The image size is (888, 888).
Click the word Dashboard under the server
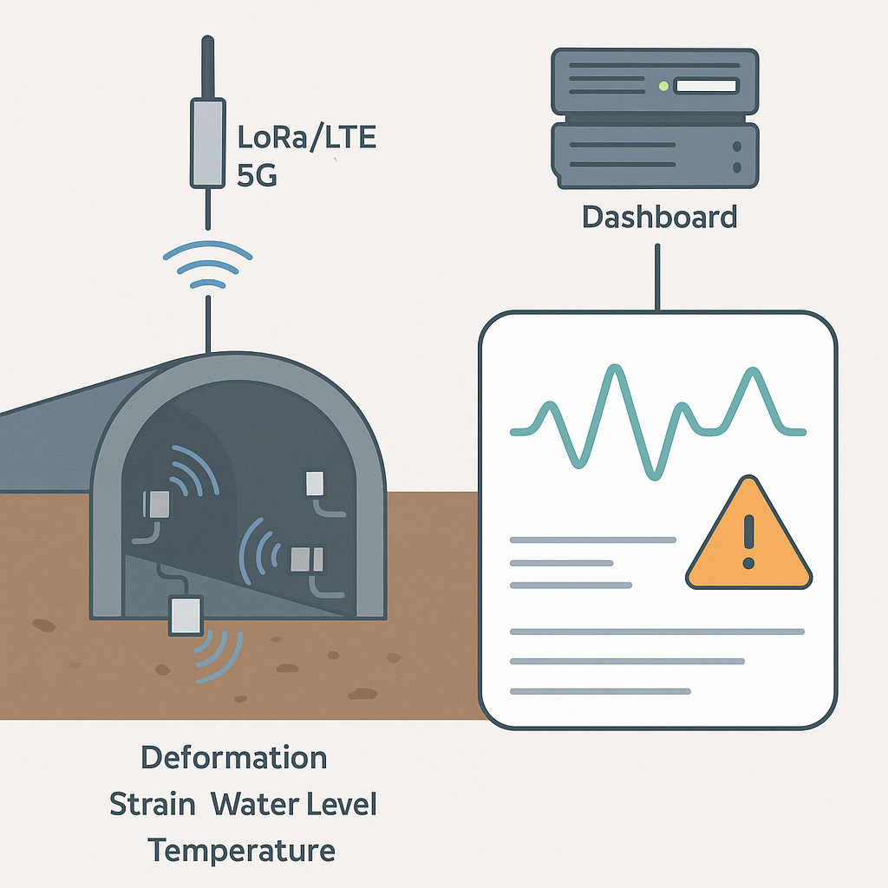tap(660, 217)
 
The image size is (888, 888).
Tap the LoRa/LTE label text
tap(306, 138)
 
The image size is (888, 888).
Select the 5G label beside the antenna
tap(257, 175)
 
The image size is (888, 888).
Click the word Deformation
tap(234, 758)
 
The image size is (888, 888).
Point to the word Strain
tap(152, 804)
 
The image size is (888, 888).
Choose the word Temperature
tap(241, 851)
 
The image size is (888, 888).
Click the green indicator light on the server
tap(663, 86)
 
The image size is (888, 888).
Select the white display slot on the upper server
tap(706, 86)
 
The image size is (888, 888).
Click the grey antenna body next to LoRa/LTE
tap(208, 143)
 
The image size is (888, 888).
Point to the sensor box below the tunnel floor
tap(186, 615)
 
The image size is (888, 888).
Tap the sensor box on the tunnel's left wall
tap(156, 505)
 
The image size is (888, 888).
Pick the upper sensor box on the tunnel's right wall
tap(315, 484)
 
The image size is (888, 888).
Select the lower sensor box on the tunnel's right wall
tap(307, 559)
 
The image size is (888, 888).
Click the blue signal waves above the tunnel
tap(208, 264)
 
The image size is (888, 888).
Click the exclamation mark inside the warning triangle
tap(748, 541)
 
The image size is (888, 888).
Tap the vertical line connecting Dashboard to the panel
tap(657, 277)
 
